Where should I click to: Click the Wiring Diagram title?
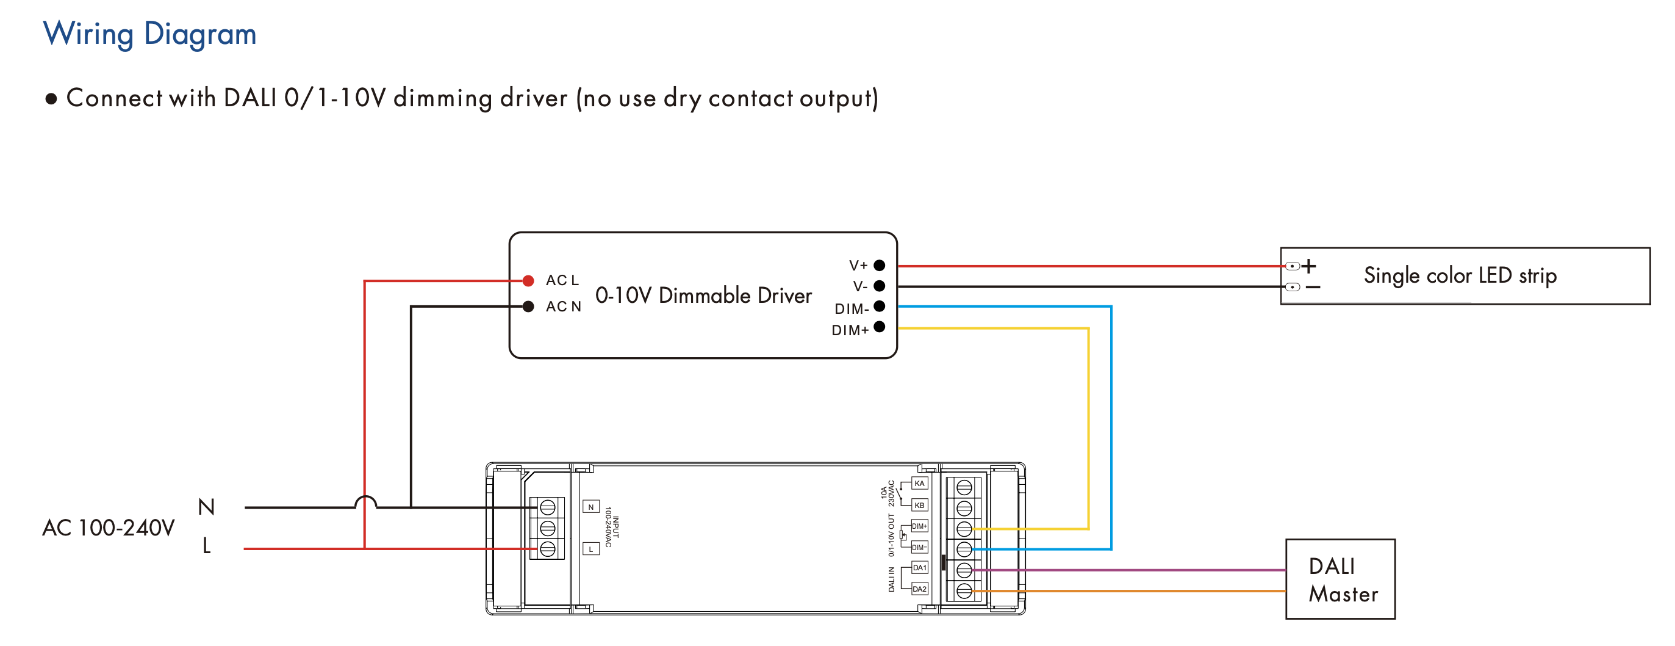tap(149, 34)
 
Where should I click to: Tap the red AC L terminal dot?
tap(528, 281)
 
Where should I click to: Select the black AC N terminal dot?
tap(528, 307)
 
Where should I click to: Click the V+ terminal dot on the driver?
tap(879, 266)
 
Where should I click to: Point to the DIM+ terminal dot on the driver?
tap(879, 327)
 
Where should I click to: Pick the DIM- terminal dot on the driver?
tap(879, 307)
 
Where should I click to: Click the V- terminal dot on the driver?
tap(879, 286)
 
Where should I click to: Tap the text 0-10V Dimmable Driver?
tap(703, 296)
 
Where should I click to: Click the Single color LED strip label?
tap(1460, 275)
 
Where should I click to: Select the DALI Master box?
tap(1340, 579)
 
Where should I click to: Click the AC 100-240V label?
tap(109, 528)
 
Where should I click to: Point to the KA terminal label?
tap(919, 484)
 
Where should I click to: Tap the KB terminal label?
tap(919, 505)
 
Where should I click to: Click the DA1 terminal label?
tap(919, 568)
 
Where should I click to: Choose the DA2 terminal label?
tap(919, 589)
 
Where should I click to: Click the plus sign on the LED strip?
tap(1309, 266)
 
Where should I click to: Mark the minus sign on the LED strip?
tap(1313, 287)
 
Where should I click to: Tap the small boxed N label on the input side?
tap(590, 507)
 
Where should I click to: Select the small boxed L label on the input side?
tap(590, 549)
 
